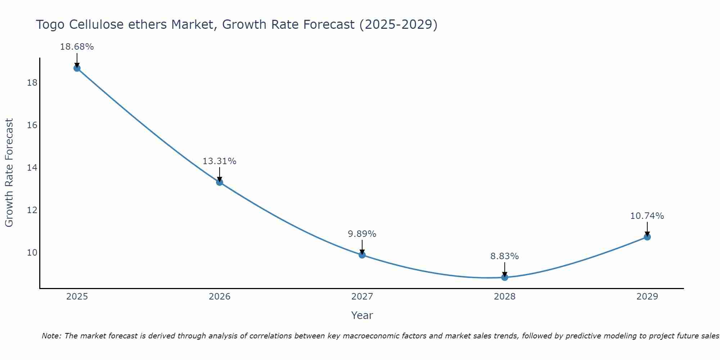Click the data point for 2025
point(77,68)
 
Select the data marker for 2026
point(219,182)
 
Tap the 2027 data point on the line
point(362,255)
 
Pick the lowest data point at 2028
point(504,277)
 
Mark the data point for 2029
point(647,237)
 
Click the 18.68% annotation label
point(77,47)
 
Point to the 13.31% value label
point(219,161)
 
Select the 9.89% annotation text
point(362,234)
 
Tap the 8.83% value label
point(504,256)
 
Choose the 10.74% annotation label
point(647,216)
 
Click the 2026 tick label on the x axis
point(220,297)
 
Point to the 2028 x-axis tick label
point(504,297)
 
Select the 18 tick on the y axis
point(32,83)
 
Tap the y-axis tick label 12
point(32,210)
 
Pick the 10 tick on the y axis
point(32,252)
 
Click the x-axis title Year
point(362,315)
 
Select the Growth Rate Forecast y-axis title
point(9,173)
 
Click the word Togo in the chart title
point(50,25)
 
